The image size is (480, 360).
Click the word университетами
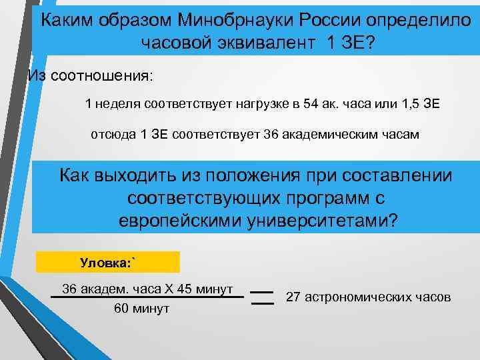(x=317, y=221)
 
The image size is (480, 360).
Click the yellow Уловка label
(x=107, y=262)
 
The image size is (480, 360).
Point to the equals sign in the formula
(x=264, y=297)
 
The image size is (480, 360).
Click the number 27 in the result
(x=293, y=297)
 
